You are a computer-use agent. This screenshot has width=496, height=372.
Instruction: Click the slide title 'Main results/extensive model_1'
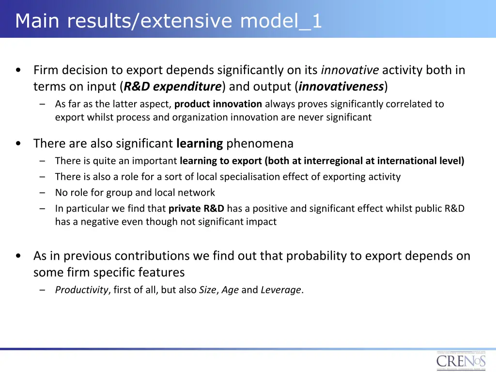pos(168,21)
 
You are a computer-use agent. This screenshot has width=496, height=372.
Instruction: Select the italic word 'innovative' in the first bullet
pos(350,70)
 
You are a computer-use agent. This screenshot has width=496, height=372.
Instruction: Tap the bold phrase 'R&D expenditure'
pos(172,87)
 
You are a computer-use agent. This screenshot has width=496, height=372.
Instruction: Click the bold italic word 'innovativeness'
pos(341,87)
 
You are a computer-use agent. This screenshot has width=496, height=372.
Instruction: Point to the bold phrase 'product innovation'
pos(218,104)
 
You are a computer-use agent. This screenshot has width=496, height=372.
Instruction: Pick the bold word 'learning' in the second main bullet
pos(200,143)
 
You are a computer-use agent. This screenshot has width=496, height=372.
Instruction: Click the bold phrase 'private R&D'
pos(196,209)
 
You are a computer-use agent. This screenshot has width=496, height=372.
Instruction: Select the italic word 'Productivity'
pos(81,290)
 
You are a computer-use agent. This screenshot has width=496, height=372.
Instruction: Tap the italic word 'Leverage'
pos(281,290)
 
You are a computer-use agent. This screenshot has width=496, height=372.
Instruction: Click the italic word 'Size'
pos(207,290)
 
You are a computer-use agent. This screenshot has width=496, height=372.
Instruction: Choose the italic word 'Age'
pos(230,290)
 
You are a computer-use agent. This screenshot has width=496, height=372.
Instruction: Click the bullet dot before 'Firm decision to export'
pos(18,71)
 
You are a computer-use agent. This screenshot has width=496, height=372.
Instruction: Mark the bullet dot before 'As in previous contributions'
pos(18,256)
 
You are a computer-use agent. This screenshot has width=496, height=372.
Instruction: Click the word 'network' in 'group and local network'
pos(197,193)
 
